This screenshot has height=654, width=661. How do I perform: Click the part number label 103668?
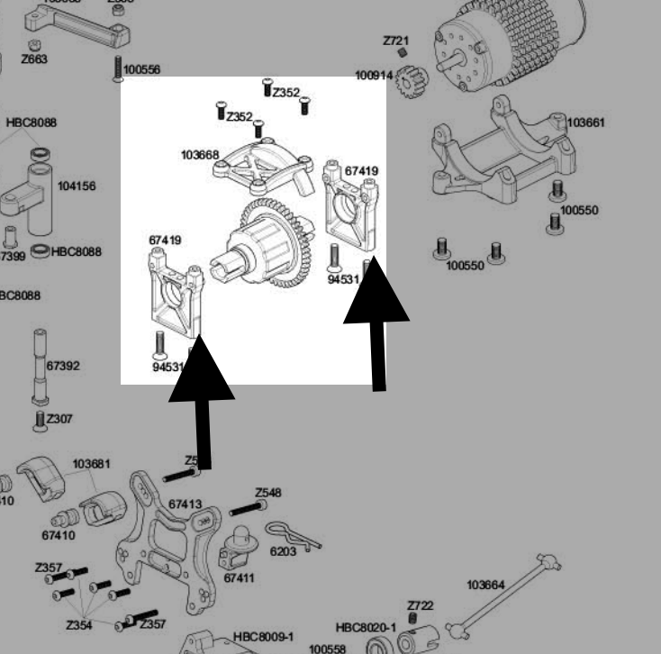[x=199, y=155]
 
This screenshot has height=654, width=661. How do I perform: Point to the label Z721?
[x=395, y=41]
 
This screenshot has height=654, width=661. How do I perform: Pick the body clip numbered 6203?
[x=293, y=537]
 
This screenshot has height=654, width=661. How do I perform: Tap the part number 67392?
[x=63, y=367]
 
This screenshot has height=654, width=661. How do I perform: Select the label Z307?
[x=59, y=419]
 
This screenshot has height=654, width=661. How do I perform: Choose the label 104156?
[x=76, y=186]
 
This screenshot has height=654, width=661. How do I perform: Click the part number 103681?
[x=92, y=464]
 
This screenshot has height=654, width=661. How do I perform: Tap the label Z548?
[x=267, y=493]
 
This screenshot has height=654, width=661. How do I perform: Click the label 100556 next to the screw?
[x=142, y=69]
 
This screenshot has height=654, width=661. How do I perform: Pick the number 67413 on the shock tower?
[x=186, y=505]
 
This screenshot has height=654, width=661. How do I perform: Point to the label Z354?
[x=78, y=625]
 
